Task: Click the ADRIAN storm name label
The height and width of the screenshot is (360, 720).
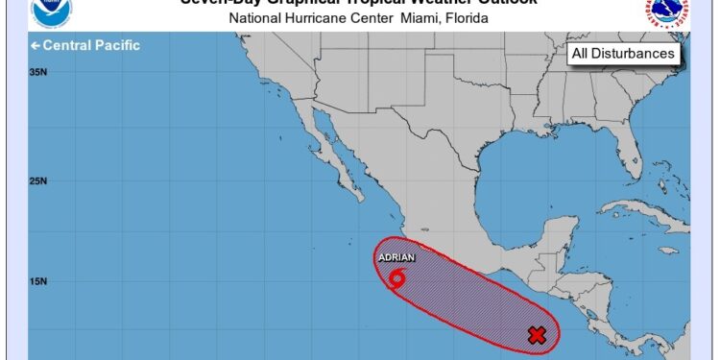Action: [x=396, y=258]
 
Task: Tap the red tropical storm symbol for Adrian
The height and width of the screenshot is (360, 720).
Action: [x=397, y=278]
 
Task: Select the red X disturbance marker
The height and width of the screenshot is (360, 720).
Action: [x=538, y=335]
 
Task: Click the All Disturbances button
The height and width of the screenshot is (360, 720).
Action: [x=623, y=54]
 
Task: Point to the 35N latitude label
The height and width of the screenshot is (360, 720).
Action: [x=38, y=72]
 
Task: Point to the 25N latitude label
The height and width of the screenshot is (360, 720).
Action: [x=38, y=180]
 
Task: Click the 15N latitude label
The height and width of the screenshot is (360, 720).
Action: [x=38, y=281]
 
